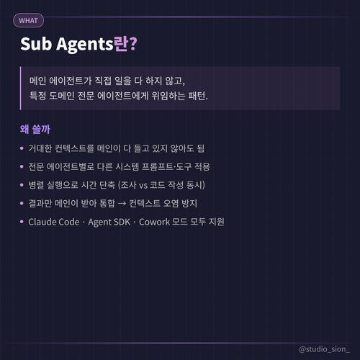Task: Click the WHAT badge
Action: tap(28, 21)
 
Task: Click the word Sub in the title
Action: tap(36, 44)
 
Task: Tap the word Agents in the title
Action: tap(84, 45)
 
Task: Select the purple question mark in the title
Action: tap(133, 44)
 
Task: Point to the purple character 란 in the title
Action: tap(121, 44)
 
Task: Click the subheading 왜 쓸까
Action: tap(35, 129)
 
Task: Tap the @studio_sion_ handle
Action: tap(324, 349)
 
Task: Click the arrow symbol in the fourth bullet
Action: tap(122, 204)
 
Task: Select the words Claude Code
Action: tap(54, 222)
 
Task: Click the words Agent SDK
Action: tap(109, 222)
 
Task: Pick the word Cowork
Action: tap(154, 222)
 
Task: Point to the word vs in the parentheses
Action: tap(143, 185)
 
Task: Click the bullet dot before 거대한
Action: tap(22, 148)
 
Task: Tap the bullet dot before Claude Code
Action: tap(22, 222)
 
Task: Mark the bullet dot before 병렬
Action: tap(22, 185)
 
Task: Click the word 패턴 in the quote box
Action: tap(197, 96)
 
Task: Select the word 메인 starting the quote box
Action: tap(37, 81)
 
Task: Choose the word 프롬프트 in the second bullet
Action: tap(158, 166)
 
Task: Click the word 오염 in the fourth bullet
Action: tap(171, 204)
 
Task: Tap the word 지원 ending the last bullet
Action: tap(217, 222)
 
